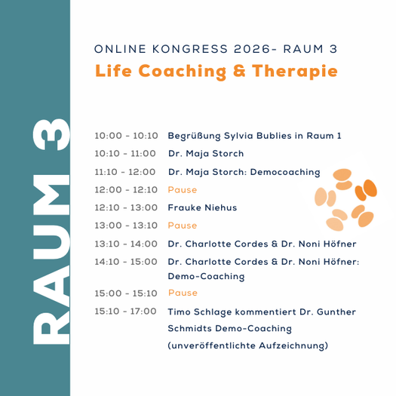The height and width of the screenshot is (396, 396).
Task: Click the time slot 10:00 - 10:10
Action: pyautogui.click(x=126, y=136)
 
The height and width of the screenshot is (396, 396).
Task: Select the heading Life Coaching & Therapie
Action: pyautogui.click(x=216, y=72)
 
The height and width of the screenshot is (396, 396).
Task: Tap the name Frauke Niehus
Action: pyautogui.click(x=202, y=207)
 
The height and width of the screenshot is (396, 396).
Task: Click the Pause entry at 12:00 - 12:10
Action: pyautogui.click(x=183, y=190)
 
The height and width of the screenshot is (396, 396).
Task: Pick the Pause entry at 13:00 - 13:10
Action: pyautogui.click(x=183, y=226)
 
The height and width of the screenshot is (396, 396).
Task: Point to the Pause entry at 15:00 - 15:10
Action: pyautogui.click(x=183, y=293)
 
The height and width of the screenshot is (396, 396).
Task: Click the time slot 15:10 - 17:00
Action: pyautogui.click(x=125, y=311)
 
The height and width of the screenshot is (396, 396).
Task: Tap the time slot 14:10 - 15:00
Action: pyautogui.click(x=125, y=262)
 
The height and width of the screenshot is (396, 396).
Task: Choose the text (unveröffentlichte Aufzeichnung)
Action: pyautogui.click(x=247, y=346)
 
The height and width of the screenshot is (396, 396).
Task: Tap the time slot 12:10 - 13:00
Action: pyautogui.click(x=126, y=207)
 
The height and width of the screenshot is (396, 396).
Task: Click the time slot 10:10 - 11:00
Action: pyautogui.click(x=125, y=154)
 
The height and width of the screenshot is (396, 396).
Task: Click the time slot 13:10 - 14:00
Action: pyautogui.click(x=126, y=244)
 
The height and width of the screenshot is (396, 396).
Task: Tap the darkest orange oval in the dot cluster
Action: pyautogui.click(x=370, y=189)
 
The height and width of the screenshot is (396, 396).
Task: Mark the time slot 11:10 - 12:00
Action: pyautogui.click(x=125, y=172)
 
